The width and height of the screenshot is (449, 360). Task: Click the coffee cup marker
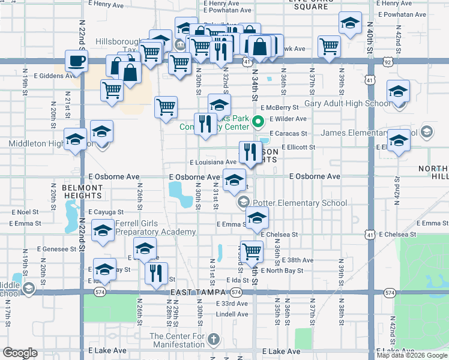[76, 61]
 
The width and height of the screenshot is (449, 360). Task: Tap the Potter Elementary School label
[300, 203]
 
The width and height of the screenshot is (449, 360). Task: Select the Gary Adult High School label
[347, 103]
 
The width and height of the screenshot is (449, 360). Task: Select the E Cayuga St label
[106, 212]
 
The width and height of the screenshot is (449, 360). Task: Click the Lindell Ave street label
[232, 314]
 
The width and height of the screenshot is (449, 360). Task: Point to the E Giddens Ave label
[55, 76]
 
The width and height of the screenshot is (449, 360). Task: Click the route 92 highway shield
[389, 62]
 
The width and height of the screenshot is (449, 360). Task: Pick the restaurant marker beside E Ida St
[156, 273]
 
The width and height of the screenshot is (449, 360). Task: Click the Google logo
[20, 353]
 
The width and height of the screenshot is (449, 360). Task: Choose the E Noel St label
[28, 212]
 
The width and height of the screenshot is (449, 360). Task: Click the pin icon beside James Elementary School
[426, 131]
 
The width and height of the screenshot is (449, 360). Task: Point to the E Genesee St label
[54, 248]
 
